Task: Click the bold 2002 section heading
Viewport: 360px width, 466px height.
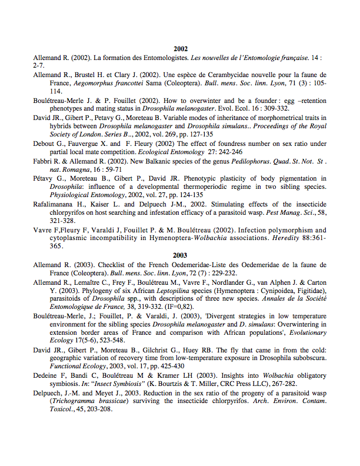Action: pos(180,49)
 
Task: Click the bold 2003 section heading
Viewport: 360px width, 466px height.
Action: pos(180,255)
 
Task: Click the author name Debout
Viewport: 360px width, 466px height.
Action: pos(45,144)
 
